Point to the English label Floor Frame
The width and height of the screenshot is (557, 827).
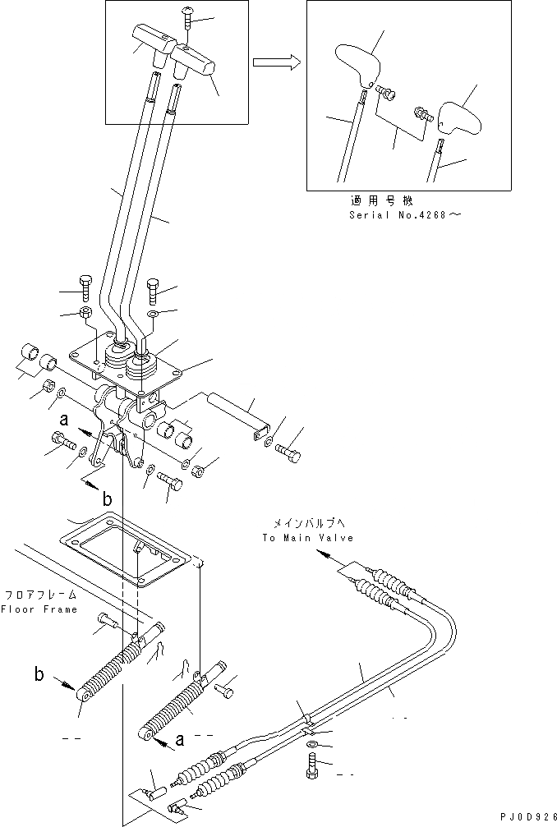[39, 609]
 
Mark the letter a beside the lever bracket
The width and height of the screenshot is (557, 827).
[62, 419]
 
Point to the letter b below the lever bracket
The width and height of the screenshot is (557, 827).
[108, 498]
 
